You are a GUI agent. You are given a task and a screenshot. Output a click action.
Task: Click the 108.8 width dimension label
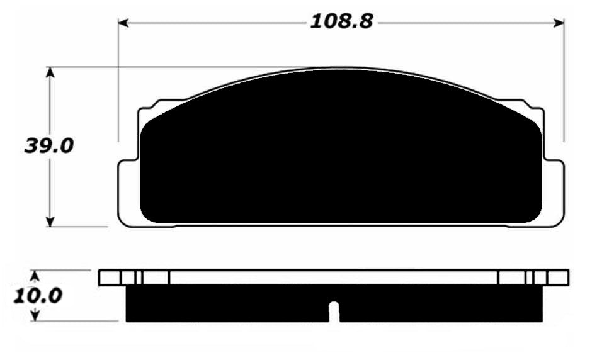pos(341,21)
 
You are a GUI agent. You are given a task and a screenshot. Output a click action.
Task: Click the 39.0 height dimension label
pos(48,146)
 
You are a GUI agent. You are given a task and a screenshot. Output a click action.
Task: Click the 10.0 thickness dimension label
pos(38,296)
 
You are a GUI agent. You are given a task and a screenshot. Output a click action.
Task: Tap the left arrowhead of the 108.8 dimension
pos(123,23)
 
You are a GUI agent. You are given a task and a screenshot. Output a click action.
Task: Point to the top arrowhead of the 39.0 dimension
pos(50,72)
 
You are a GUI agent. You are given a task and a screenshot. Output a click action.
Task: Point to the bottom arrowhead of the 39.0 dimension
pos(50,222)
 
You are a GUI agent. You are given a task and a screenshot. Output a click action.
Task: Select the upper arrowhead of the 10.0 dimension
pos(35,276)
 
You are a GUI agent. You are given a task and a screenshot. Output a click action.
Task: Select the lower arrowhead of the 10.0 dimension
pos(35,315)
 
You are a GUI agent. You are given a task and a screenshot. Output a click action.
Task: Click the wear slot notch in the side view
pos(334,312)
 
